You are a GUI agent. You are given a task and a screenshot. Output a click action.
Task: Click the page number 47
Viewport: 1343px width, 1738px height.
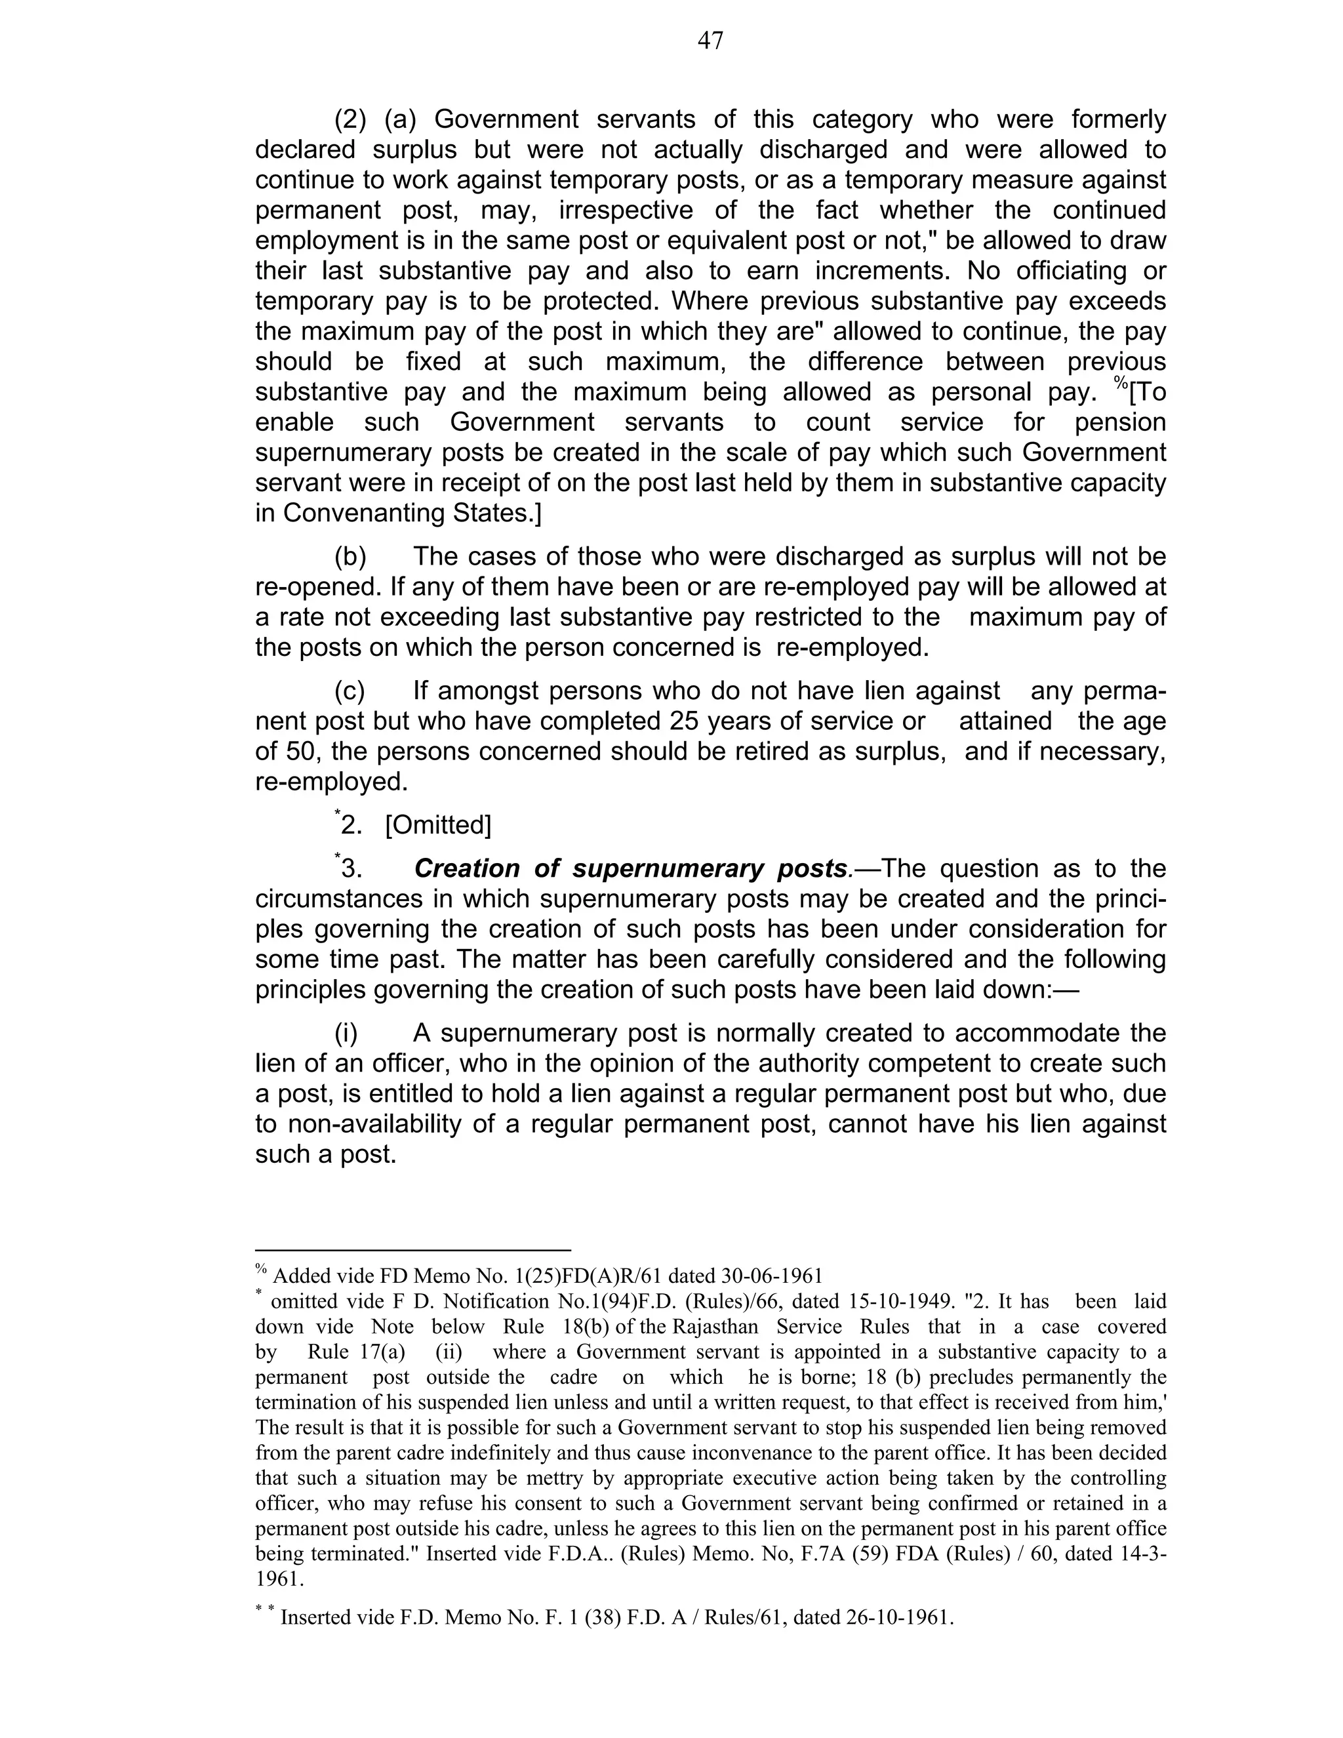710,41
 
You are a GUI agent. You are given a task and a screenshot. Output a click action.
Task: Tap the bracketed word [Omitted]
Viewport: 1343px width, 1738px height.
437,825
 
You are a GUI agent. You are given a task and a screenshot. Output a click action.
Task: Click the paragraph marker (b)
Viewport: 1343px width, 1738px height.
350,556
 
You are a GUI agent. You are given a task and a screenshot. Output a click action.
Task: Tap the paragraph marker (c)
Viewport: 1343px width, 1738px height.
350,691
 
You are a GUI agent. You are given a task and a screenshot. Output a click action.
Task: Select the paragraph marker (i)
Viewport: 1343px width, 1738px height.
346,1033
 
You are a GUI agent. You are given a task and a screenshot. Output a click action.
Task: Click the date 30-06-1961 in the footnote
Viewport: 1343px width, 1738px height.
771,1276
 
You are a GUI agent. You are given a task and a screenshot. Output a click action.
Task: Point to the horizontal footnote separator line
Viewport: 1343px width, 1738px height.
413,1250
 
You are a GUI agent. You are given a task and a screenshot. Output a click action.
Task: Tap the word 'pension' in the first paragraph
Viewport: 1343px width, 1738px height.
1120,422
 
